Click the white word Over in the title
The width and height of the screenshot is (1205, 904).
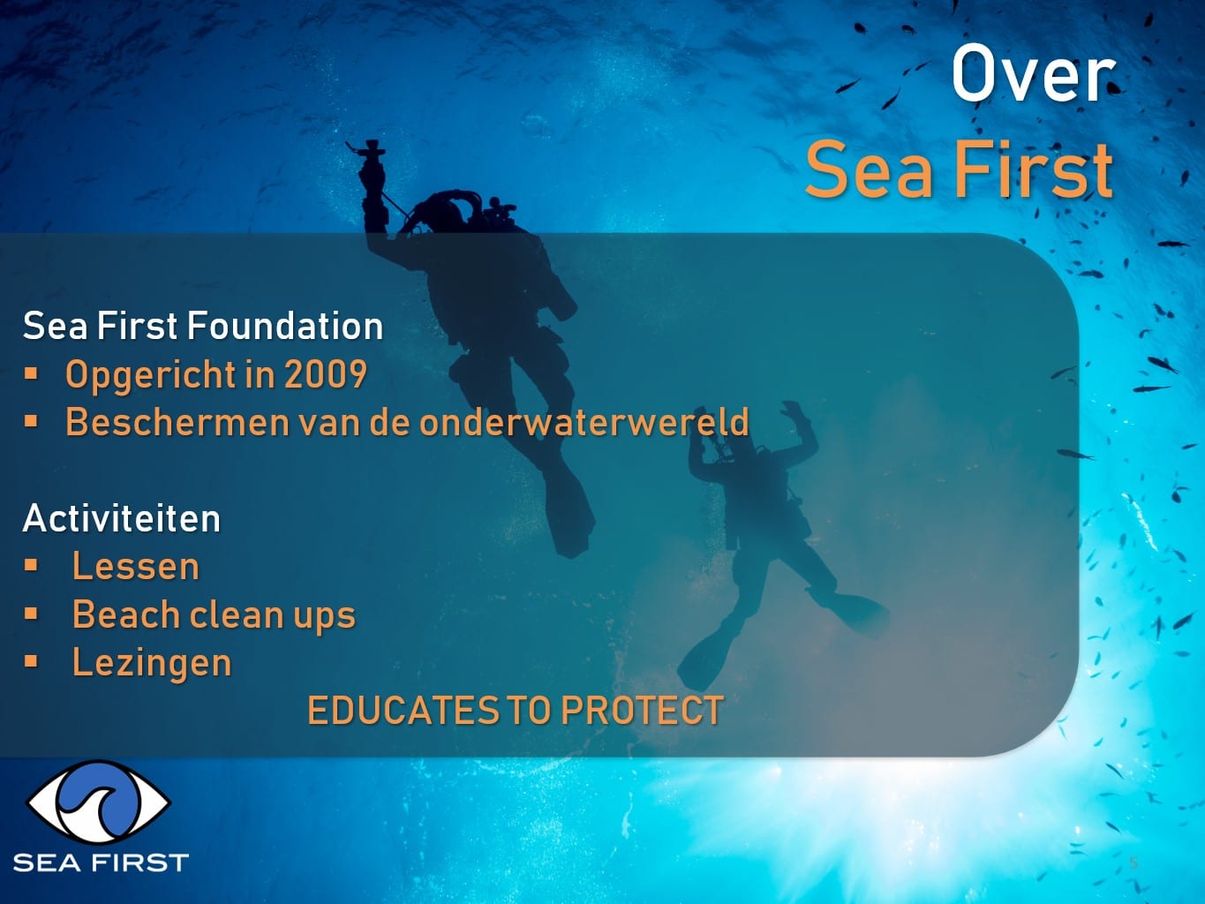tap(1034, 73)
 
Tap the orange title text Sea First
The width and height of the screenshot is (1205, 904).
tap(960, 169)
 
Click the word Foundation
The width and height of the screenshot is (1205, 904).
tap(285, 326)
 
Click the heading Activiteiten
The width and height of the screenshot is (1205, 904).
tap(121, 518)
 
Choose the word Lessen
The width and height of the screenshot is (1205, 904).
tap(136, 566)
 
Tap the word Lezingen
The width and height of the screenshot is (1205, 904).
tap(152, 663)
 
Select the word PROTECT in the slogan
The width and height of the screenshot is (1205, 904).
tap(642, 711)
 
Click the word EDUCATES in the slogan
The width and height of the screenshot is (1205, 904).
tap(403, 711)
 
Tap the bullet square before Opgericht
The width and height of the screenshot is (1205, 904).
tap(31, 373)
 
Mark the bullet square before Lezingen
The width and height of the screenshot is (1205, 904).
tap(31, 662)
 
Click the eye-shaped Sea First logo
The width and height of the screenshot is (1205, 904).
tap(99, 802)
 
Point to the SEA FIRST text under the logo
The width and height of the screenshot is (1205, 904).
tap(101, 863)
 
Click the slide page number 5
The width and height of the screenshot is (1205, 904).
tap(1133, 863)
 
